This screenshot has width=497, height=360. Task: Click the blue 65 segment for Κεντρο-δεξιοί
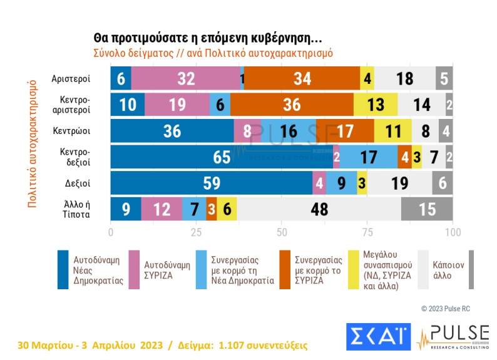pos(222,157)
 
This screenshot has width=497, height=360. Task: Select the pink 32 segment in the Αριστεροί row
pos(185,78)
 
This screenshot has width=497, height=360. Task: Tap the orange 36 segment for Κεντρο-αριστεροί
pos(292,105)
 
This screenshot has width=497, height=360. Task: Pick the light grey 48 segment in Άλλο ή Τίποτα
pos(319,208)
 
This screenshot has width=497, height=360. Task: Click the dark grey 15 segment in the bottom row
pos(427,208)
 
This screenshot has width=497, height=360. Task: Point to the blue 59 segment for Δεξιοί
pos(211,183)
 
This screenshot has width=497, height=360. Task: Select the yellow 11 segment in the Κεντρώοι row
pos(392,130)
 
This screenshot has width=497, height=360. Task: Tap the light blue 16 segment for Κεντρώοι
pos(288,130)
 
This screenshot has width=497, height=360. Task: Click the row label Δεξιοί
pos(78,183)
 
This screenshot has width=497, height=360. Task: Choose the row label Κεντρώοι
pos(75,131)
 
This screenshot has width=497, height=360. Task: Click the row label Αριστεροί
pos(73,79)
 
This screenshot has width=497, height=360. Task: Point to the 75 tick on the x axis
pos(367,233)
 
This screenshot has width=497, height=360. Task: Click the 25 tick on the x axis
pos(196,233)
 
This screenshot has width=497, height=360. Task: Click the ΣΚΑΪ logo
pos(378,336)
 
